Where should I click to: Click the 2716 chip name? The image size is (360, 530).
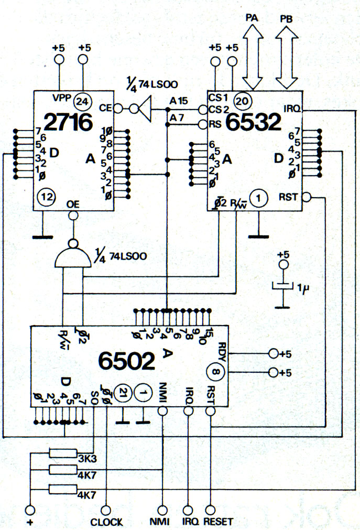(x=68, y=122)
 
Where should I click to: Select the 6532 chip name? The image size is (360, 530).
(x=253, y=122)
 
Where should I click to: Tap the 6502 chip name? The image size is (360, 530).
(x=126, y=361)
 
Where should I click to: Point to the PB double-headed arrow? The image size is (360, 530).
(x=287, y=58)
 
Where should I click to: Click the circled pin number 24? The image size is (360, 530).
(x=82, y=101)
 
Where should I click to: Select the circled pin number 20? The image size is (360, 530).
(x=243, y=101)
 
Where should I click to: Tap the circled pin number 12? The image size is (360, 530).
(x=47, y=197)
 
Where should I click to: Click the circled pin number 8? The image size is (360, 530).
(x=215, y=372)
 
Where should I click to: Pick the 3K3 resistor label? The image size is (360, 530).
(x=87, y=458)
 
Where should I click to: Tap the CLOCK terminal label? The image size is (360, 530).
(x=106, y=522)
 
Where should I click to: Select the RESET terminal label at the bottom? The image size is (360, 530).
(x=218, y=522)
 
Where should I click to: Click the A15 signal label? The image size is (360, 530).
(x=179, y=101)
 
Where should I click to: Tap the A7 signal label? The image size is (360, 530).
(x=177, y=117)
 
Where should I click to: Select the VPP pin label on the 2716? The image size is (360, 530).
(x=62, y=98)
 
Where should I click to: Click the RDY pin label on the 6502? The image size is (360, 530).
(x=222, y=352)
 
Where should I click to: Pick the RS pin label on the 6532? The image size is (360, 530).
(x=215, y=124)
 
